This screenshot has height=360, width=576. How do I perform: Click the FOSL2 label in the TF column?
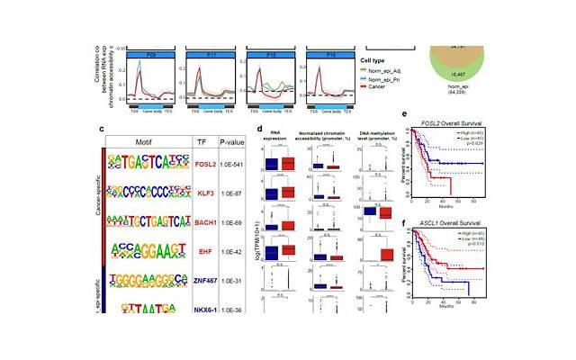point(207,166)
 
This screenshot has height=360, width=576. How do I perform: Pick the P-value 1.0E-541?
point(238,166)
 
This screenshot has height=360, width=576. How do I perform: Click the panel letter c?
point(103,129)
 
